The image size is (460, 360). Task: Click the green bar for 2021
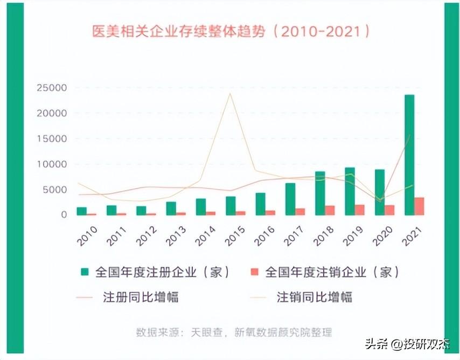tap(409, 155)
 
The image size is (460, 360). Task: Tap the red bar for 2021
tap(419, 206)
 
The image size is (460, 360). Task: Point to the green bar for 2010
tap(82, 211)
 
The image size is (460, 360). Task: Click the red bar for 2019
tap(360, 210)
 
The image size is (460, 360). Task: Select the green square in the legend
tap(85, 272)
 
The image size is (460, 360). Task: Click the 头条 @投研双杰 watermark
tap(407, 344)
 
